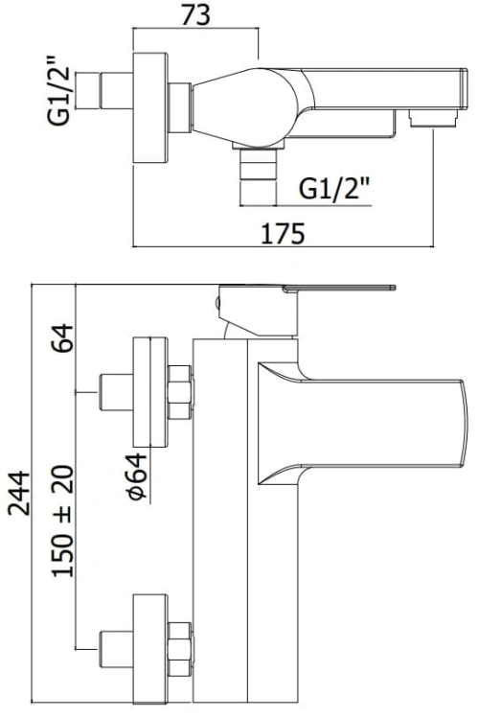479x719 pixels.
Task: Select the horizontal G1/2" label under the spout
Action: pyautogui.click(x=335, y=188)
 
